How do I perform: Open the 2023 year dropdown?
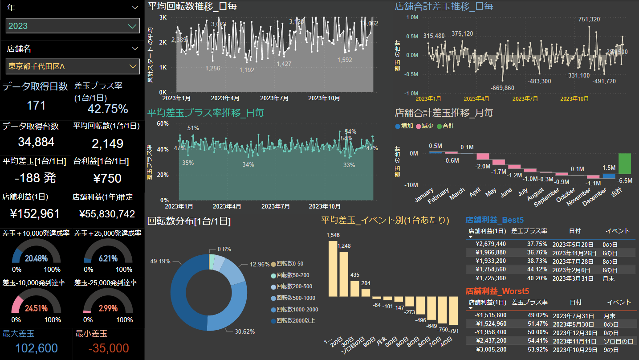coord(73,26)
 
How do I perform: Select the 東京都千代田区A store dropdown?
coord(73,66)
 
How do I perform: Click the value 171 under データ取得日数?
coord(36,105)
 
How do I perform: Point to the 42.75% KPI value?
coord(108,109)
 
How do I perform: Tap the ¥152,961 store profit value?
coord(35,213)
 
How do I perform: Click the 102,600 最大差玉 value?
coord(36,348)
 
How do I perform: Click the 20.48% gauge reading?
coord(36,258)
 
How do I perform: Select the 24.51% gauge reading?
coord(36,308)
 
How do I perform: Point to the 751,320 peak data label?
coord(589,19)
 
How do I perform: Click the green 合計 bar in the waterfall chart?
coord(625,164)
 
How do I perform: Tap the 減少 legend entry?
coord(425,126)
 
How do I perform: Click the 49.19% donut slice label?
coord(160,261)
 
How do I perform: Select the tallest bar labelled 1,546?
coord(333,269)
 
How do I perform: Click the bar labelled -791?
coord(454,311)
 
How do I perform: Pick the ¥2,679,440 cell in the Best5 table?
coord(491,244)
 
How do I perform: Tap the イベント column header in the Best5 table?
coord(618,231)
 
